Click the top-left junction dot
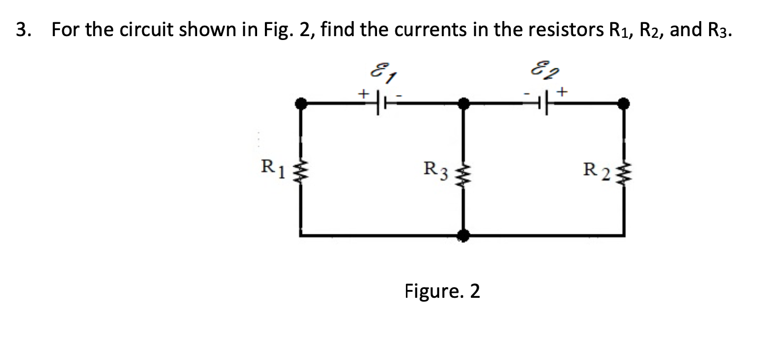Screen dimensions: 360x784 pos(301,103)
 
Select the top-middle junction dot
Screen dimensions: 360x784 pos(465,103)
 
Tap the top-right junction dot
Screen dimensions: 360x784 pos(624,103)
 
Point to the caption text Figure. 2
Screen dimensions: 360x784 pos(442,291)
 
